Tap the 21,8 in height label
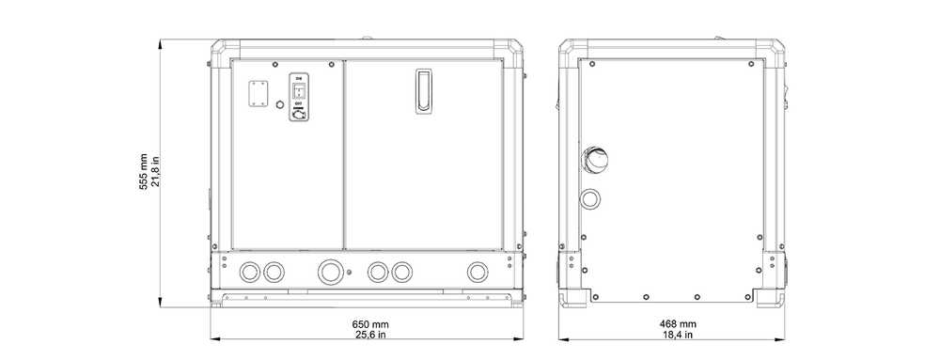click(x=155, y=173)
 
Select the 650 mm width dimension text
click(x=369, y=324)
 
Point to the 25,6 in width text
click(x=369, y=335)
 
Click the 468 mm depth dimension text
click(x=678, y=324)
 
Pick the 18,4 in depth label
click(x=678, y=335)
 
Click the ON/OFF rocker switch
click(x=299, y=90)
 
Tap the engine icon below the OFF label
click(x=299, y=113)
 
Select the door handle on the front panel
click(x=424, y=90)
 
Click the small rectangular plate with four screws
click(x=258, y=94)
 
